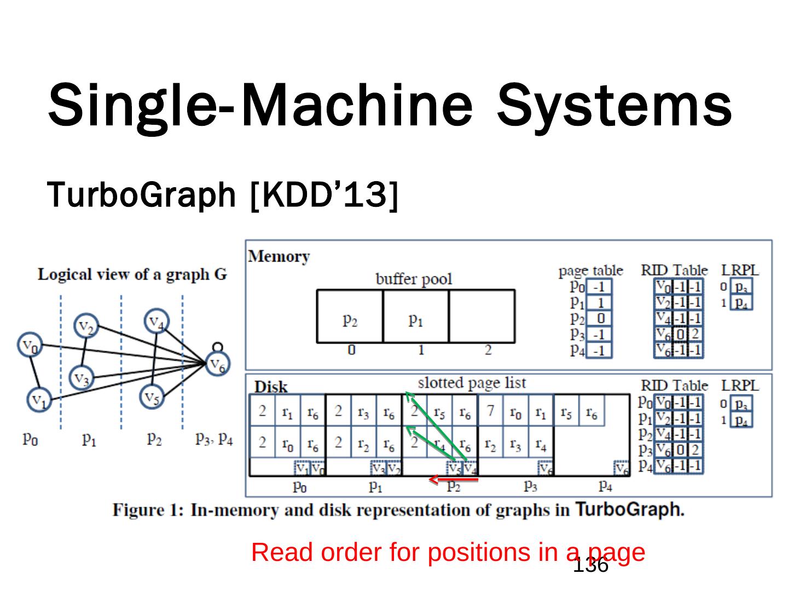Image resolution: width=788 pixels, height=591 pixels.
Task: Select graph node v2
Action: pos(86,327)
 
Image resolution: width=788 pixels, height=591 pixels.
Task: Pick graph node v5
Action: pos(153,398)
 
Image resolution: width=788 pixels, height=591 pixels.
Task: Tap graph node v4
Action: pos(157,321)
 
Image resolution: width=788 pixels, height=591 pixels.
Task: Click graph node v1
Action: pos(38,399)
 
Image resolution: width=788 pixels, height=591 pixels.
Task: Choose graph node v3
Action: pos(82,378)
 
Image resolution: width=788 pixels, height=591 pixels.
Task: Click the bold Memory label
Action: pos(279,256)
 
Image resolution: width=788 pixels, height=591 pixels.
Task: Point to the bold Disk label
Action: pos(271,387)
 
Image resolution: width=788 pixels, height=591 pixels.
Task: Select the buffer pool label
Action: pos(414,279)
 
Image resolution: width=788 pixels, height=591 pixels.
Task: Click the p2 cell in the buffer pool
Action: pos(350,320)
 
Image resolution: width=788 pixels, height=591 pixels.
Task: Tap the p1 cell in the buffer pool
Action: pos(415,320)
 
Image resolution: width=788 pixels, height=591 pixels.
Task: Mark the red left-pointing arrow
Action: pos(453,480)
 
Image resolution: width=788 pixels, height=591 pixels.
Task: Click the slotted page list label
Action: pos(472,383)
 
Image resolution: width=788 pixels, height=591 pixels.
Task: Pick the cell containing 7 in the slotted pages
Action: pos(490,410)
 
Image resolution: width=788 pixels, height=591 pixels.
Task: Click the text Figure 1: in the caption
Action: pos(148,510)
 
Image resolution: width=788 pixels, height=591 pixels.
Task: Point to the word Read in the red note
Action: pos(282,552)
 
